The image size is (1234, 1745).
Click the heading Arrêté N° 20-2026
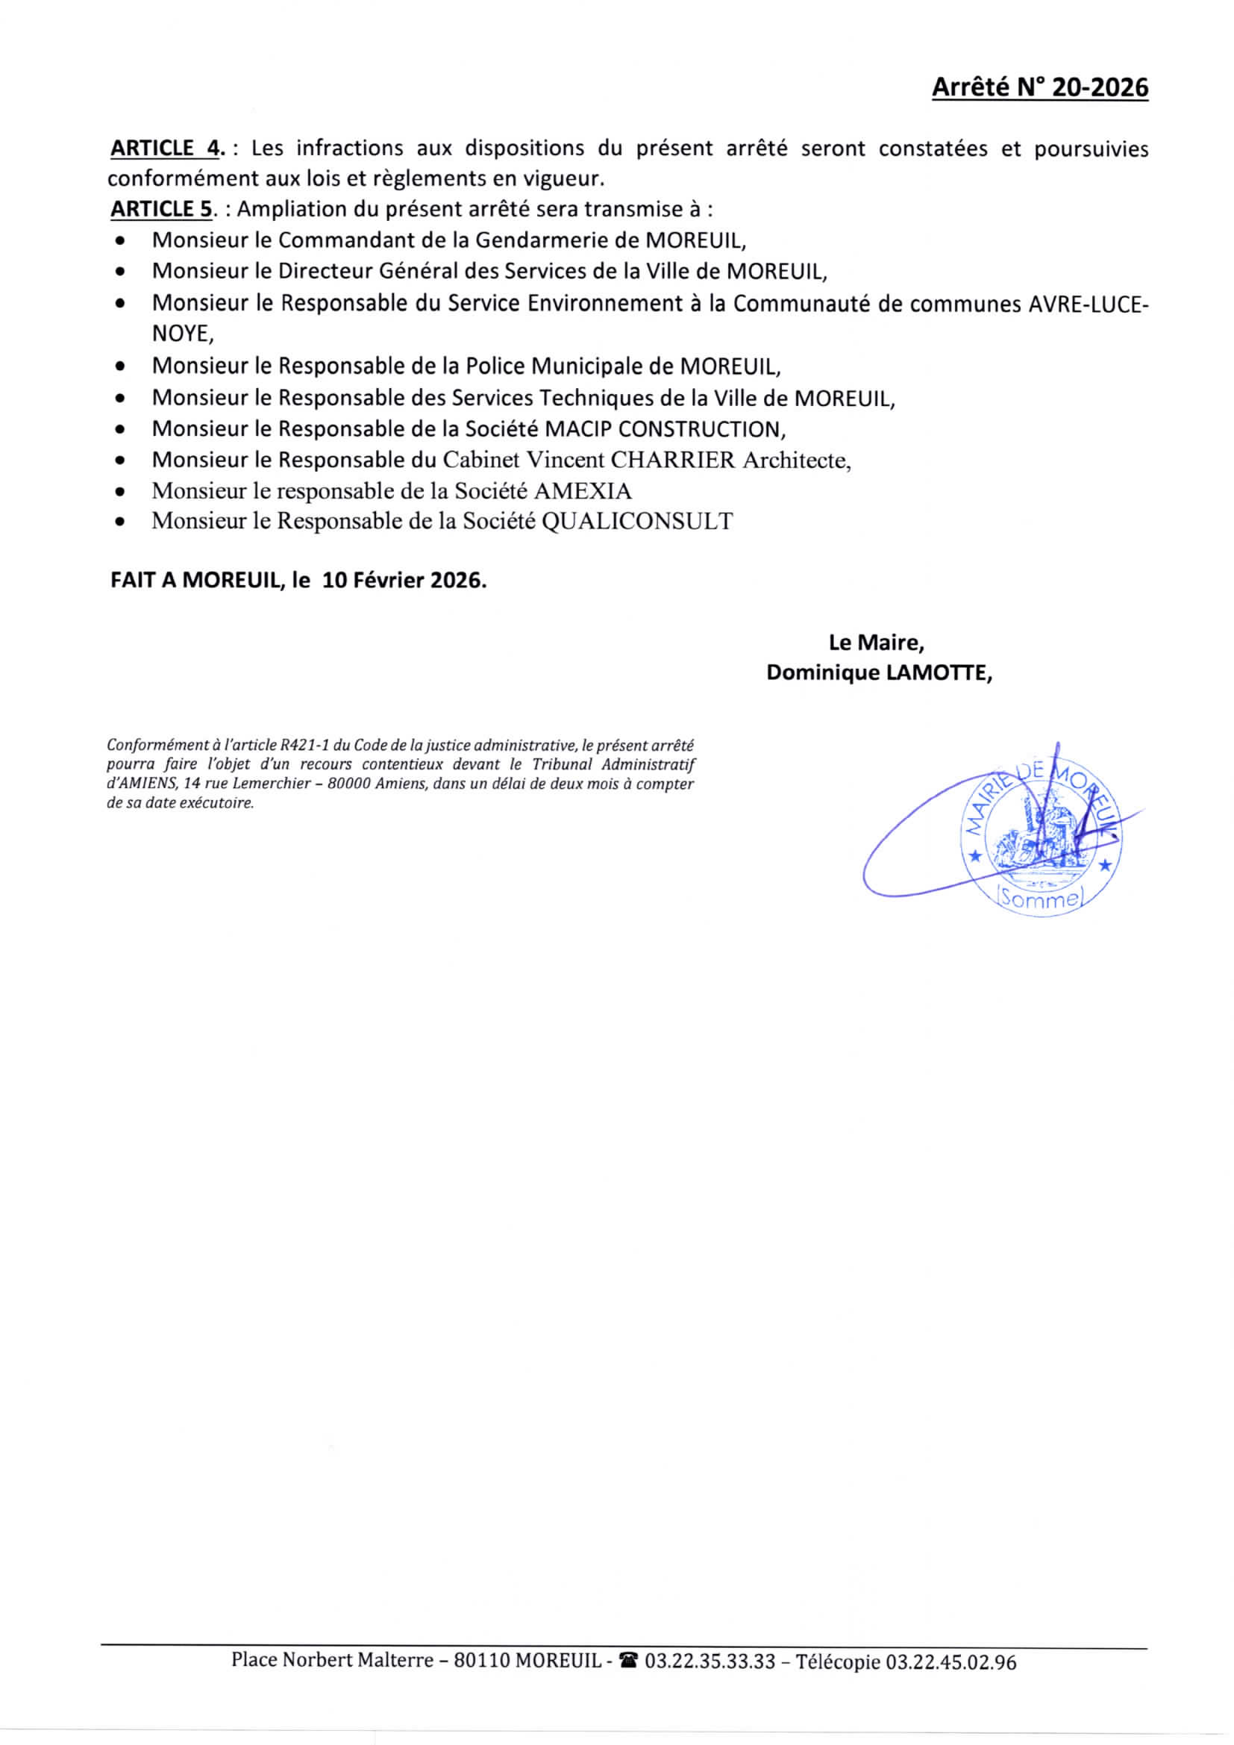pyautogui.click(x=1039, y=88)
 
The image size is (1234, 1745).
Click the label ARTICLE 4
pyautogui.click(x=166, y=148)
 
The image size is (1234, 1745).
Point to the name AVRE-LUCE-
pyautogui.click(x=1087, y=304)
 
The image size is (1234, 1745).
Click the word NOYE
pyautogui.click(x=181, y=334)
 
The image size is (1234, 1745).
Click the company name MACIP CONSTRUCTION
pyautogui.click(x=663, y=429)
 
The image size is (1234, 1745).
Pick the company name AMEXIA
pyautogui.click(x=582, y=492)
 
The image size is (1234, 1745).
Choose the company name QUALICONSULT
pyautogui.click(x=636, y=522)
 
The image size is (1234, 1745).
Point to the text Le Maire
pyautogui.click(x=875, y=643)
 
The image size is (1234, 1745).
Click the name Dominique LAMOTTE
pyautogui.click(x=878, y=673)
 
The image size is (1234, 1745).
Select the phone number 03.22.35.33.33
pyautogui.click(x=710, y=1662)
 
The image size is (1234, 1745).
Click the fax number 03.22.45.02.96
pyautogui.click(x=950, y=1662)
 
